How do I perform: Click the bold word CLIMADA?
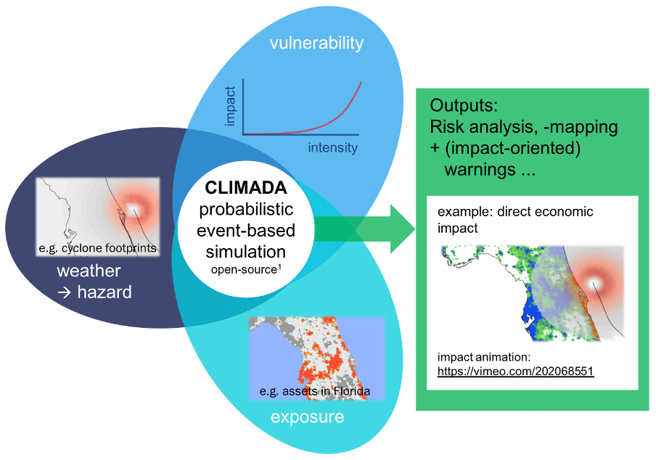(246, 188)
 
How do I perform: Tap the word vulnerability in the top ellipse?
(316, 43)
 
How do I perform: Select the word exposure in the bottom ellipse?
(308, 417)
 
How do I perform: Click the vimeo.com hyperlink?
(515, 371)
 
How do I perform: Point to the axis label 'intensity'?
(333, 147)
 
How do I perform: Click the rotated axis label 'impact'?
(230, 106)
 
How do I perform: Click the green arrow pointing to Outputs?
(365, 229)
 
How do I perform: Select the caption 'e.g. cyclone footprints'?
(97, 248)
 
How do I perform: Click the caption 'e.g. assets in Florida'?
(315, 391)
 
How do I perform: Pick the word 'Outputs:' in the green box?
(464, 105)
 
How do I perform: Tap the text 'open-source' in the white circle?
(244, 270)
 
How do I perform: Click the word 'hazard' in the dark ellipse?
(104, 292)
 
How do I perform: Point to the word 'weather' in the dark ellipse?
(89, 271)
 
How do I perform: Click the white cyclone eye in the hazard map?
(134, 208)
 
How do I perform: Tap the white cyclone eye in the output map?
(593, 284)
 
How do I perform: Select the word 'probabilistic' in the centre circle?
(246, 210)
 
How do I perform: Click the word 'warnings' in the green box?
(480, 170)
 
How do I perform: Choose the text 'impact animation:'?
(484, 357)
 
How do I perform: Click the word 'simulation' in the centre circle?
(246, 252)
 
